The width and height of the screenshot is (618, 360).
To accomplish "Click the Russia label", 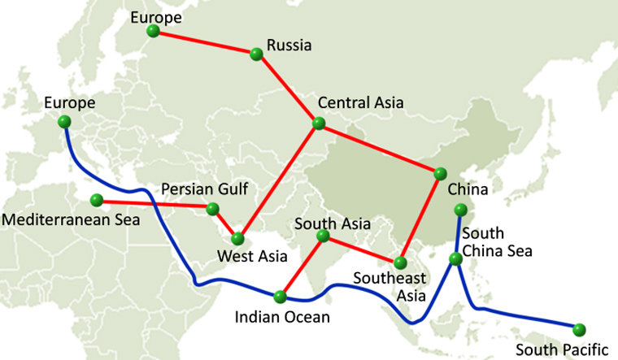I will [x=288, y=46].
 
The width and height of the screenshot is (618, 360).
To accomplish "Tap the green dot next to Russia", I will [x=256, y=54].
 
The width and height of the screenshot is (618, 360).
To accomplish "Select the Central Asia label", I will [x=359, y=103].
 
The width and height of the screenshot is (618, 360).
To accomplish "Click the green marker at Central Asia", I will [x=318, y=124].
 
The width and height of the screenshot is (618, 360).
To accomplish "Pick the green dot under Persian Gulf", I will [x=213, y=209].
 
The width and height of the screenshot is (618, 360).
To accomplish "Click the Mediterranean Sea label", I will [x=72, y=219].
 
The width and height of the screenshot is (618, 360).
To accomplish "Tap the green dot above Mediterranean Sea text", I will [x=97, y=200].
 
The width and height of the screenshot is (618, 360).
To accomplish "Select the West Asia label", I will [x=253, y=258].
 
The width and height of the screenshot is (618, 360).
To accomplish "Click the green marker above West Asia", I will [x=237, y=239].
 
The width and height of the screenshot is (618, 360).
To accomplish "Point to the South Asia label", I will [x=333, y=223].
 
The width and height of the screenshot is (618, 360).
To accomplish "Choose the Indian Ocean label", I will [x=281, y=315].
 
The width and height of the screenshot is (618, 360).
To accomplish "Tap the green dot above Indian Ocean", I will [x=281, y=296].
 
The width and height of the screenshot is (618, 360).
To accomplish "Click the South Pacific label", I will [x=562, y=349].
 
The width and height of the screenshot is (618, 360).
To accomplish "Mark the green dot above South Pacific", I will [x=579, y=329].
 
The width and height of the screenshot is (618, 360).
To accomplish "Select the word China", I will [x=467, y=190].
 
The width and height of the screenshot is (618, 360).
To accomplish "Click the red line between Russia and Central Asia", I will [x=287, y=89].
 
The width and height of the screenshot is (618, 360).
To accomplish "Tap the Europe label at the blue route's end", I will [x=70, y=103].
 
